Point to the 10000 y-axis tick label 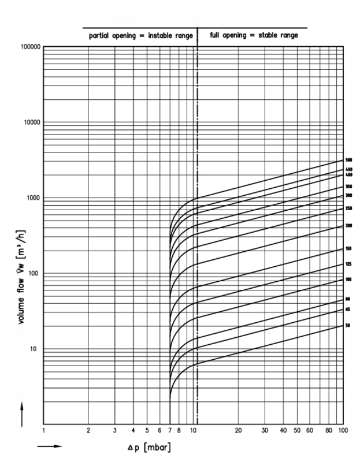click(31, 122)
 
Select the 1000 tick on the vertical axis click(34, 198)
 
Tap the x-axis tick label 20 click(239, 431)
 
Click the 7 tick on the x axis click(169, 431)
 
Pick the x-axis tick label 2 click(88, 431)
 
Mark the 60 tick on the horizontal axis click(310, 431)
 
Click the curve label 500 click(348, 160)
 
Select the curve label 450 click(348, 169)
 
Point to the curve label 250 click(348, 208)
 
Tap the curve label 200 click(348, 226)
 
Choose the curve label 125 click(348, 264)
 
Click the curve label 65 click(348, 310)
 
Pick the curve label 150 click(348, 249)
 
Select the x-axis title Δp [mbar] click(150, 448)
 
